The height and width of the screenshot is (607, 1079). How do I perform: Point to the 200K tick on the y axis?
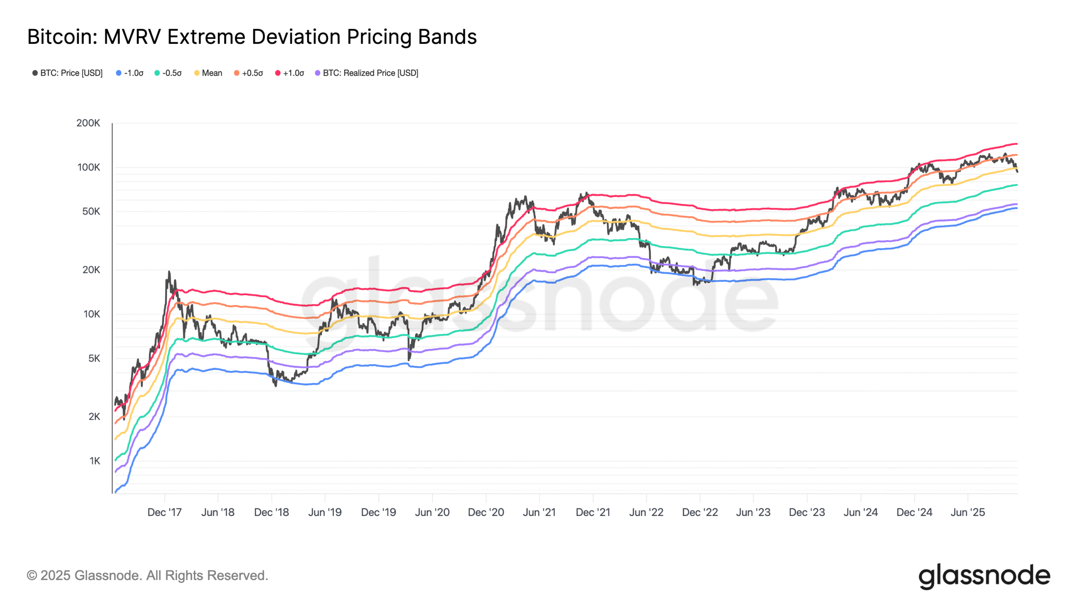tap(88, 123)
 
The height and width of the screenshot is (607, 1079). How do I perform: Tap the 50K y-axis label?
tap(91, 211)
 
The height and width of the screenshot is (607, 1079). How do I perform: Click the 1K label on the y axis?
tap(94, 461)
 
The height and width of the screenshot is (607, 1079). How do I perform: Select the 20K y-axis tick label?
tap(91, 270)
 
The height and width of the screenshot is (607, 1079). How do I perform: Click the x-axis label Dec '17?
tap(164, 512)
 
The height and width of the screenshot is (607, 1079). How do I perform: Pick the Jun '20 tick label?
tap(432, 512)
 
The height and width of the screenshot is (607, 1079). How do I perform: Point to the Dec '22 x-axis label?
tap(700, 512)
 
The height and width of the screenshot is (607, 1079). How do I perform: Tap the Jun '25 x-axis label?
tap(968, 512)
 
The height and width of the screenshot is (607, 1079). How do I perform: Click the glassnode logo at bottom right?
tap(984, 576)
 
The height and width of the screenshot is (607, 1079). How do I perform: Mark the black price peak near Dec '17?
tap(169, 272)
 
